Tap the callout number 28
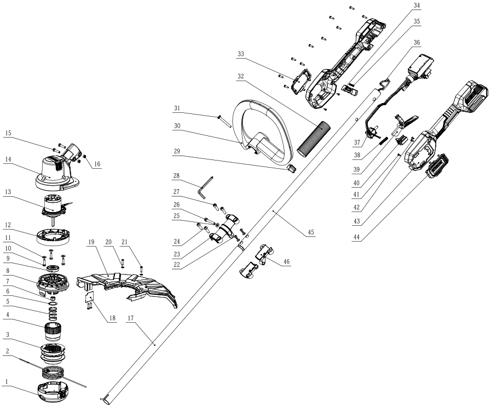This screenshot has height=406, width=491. (176, 176)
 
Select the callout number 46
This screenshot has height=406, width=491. (286, 263)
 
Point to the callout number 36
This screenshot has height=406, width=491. (417, 42)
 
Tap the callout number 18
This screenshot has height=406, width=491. (112, 317)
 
